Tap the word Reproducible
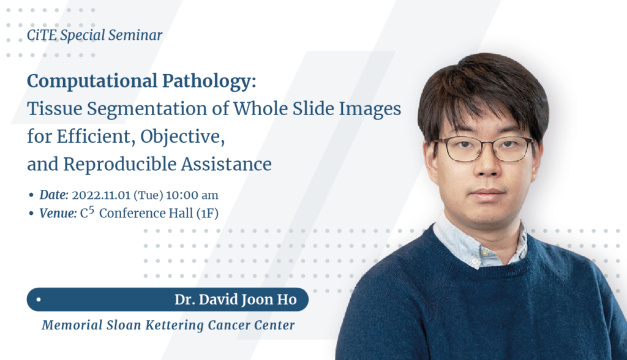[x=120, y=163]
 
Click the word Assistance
[x=227, y=163]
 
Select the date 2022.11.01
[x=101, y=195]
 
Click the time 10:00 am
[x=192, y=195]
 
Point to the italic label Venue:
[x=58, y=213]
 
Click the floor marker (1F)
[x=207, y=213]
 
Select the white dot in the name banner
[x=39, y=299]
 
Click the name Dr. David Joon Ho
[x=236, y=299]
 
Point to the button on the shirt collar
[x=484, y=253]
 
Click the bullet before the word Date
[x=31, y=195]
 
